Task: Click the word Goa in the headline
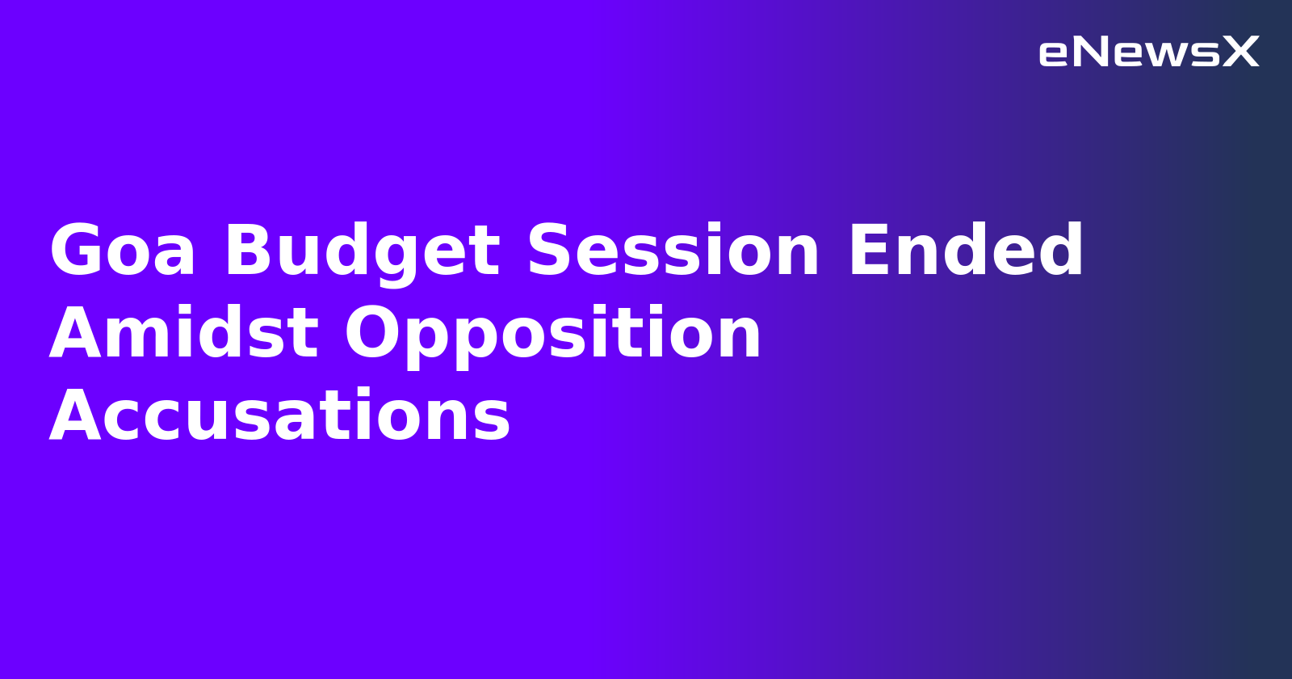click(122, 251)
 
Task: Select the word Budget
click(362, 251)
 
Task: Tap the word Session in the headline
click(673, 251)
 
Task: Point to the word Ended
click(965, 251)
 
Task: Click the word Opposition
click(553, 334)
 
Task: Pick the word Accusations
click(279, 416)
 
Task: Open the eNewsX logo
click(1148, 53)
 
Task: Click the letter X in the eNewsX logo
click(1240, 53)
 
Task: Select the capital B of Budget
click(247, 251)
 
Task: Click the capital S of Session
click(549, 251)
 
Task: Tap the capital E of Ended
click(867, 251)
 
